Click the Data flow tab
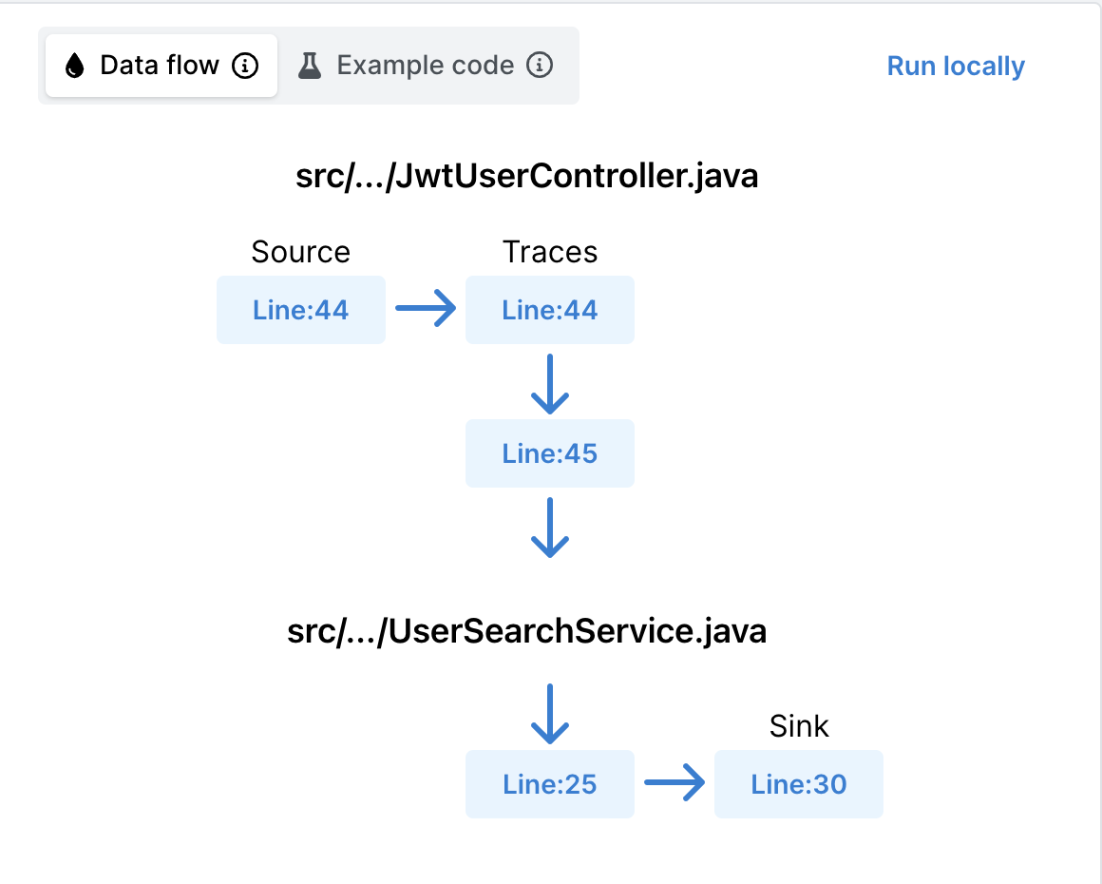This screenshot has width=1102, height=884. tap(160, 66)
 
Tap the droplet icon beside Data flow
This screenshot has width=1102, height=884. tap(74, 66)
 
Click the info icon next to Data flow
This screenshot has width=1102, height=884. tap(245, 66)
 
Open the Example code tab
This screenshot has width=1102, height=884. tap(425, 66)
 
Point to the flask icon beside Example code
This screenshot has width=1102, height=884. tap(310, 66)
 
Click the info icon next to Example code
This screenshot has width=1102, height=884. tap(540, 66)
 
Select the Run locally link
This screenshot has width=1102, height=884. tap(955, 67)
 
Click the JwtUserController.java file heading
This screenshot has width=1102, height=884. tap(527, 177)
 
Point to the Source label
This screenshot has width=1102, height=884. tap(300, 252)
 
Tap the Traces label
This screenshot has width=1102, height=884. tap(550, 252)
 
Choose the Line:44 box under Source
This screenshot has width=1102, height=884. tap(300, 310)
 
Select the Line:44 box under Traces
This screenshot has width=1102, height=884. tap(550, 310)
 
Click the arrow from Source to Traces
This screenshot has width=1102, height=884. tap(426, 310)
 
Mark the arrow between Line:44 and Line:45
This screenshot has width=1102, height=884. tap(550, 384)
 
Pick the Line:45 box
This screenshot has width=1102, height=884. tap(550, 453)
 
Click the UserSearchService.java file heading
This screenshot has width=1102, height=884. tap(526, 631)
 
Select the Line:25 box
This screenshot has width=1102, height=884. tap(550, 784)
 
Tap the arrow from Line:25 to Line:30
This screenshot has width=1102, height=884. tap(674, 784)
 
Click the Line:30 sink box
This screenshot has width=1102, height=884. tap(798, 784)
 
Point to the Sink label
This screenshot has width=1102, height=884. tap(799, 726)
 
